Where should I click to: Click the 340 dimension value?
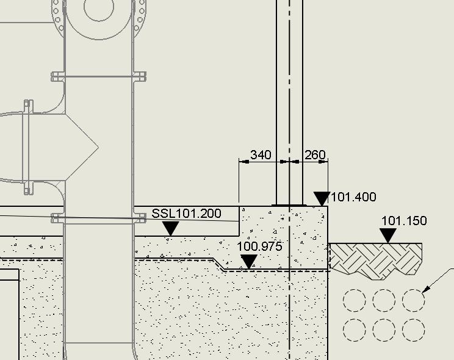[261, 154]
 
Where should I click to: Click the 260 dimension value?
[315, 154]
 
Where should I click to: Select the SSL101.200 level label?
[186, 214]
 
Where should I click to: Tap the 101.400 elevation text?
[353, 197]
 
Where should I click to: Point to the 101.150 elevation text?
[404, 221]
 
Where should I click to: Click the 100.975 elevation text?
[259, 246]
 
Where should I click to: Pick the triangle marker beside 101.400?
[322, 199]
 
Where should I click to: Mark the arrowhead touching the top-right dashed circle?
[426, 289]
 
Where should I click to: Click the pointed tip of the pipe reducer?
[98, 148]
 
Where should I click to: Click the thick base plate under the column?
[289, 206]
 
